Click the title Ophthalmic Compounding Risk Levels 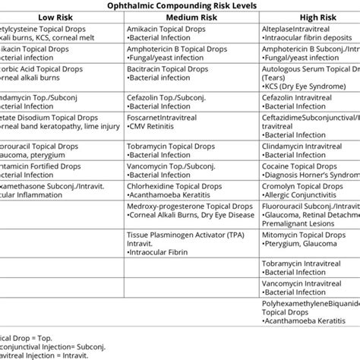179,5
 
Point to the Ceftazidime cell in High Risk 300,118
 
